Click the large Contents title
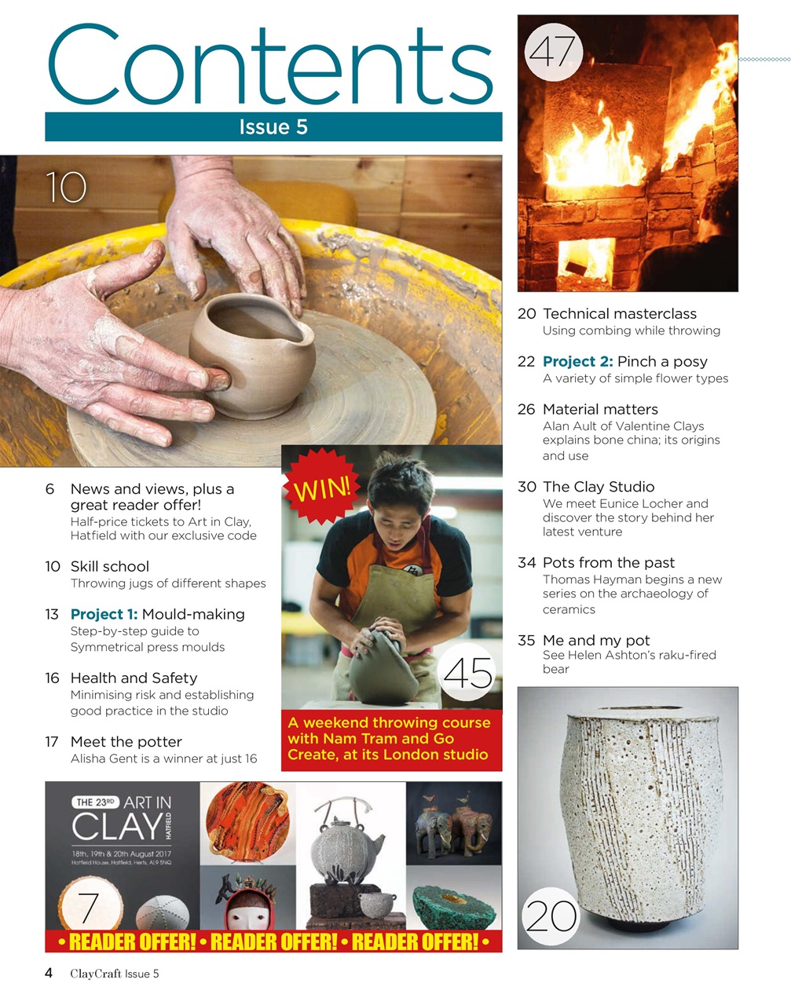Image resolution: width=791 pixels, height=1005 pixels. pos(271,67)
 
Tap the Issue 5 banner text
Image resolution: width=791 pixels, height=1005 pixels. pos(273,127)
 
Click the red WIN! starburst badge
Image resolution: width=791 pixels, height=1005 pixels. pos(321,488)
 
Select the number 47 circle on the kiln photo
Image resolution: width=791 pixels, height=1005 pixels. pos(553,53)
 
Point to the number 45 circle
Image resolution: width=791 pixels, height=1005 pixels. pos(469,673)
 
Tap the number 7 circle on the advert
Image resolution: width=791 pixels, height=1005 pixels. pos(90,907)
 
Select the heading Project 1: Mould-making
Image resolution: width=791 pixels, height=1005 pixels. pos(157,614)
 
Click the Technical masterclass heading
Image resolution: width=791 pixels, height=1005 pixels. pos(619,313)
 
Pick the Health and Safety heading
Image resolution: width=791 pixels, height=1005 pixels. pos(134,678)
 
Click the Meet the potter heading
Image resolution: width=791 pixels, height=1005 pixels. pos(126,741)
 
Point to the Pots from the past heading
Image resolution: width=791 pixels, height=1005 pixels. pos(608,562)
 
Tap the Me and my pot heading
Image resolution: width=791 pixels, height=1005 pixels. pos(595,640)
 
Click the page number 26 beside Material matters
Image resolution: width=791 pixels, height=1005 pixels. pos(526,409)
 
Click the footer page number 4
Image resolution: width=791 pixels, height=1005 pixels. pos(49,973)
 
